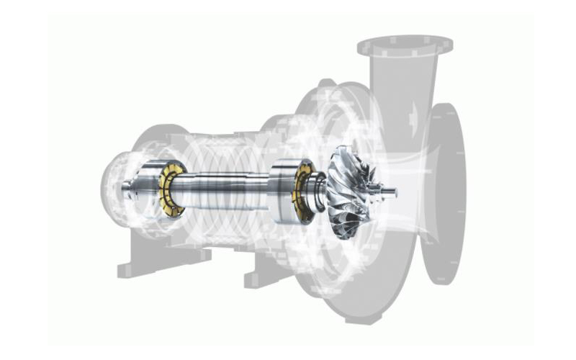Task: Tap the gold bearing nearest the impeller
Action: [302, 191]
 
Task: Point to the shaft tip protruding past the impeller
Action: [389, 192]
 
